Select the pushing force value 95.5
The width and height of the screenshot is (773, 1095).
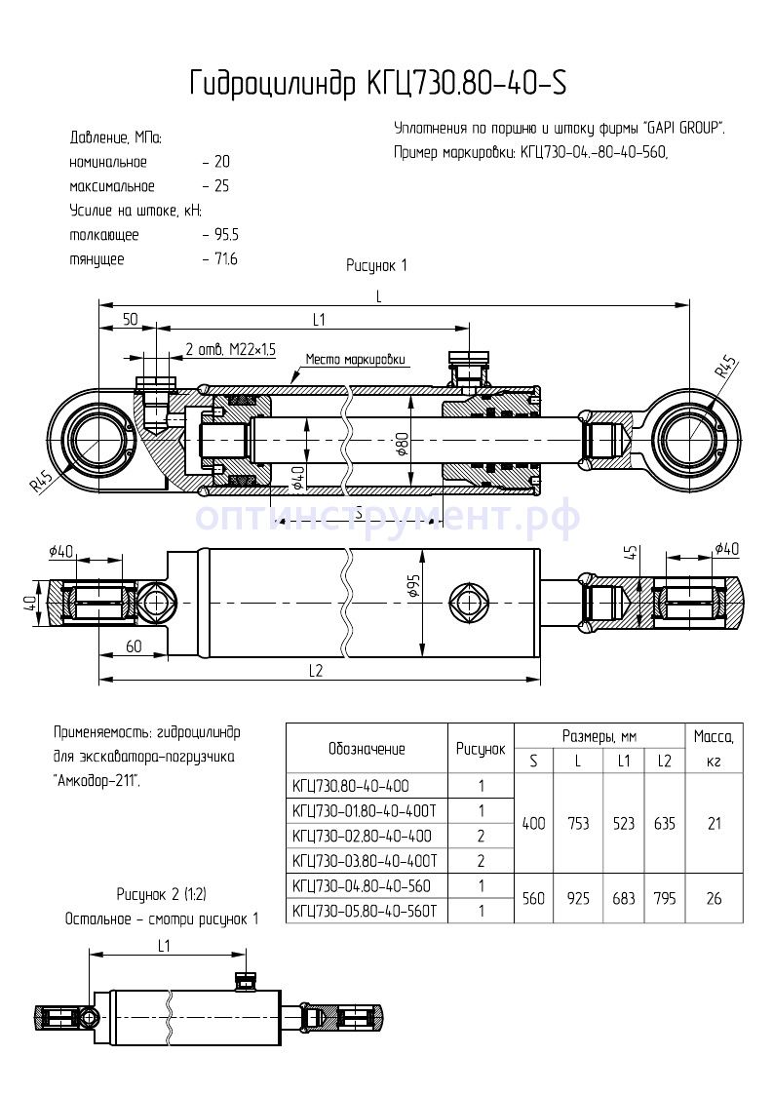point(225,235)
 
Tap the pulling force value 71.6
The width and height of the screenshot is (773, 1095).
point(225,259)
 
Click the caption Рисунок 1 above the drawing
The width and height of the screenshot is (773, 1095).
point(376,265)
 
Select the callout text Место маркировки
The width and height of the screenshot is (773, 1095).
point(355,359)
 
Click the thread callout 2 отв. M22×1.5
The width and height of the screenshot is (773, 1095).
point(231,348)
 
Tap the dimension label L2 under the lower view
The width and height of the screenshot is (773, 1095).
point(316,671)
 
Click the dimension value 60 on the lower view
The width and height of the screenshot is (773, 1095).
point(134,646)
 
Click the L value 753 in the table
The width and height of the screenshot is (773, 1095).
point(578,824)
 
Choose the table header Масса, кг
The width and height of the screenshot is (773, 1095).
point(714,748)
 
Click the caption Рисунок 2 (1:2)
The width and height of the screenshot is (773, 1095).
point(161,894)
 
